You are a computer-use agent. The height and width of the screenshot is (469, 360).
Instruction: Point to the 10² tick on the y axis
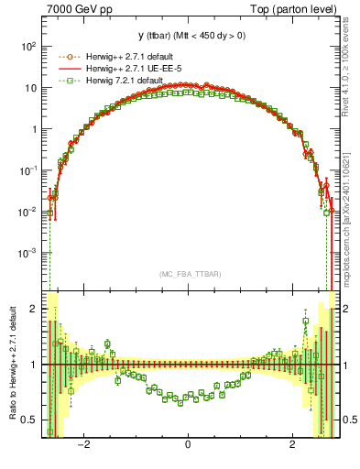29,46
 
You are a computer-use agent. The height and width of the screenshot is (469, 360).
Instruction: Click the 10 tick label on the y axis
31,88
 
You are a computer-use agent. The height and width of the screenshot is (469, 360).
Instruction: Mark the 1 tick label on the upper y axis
35,129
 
